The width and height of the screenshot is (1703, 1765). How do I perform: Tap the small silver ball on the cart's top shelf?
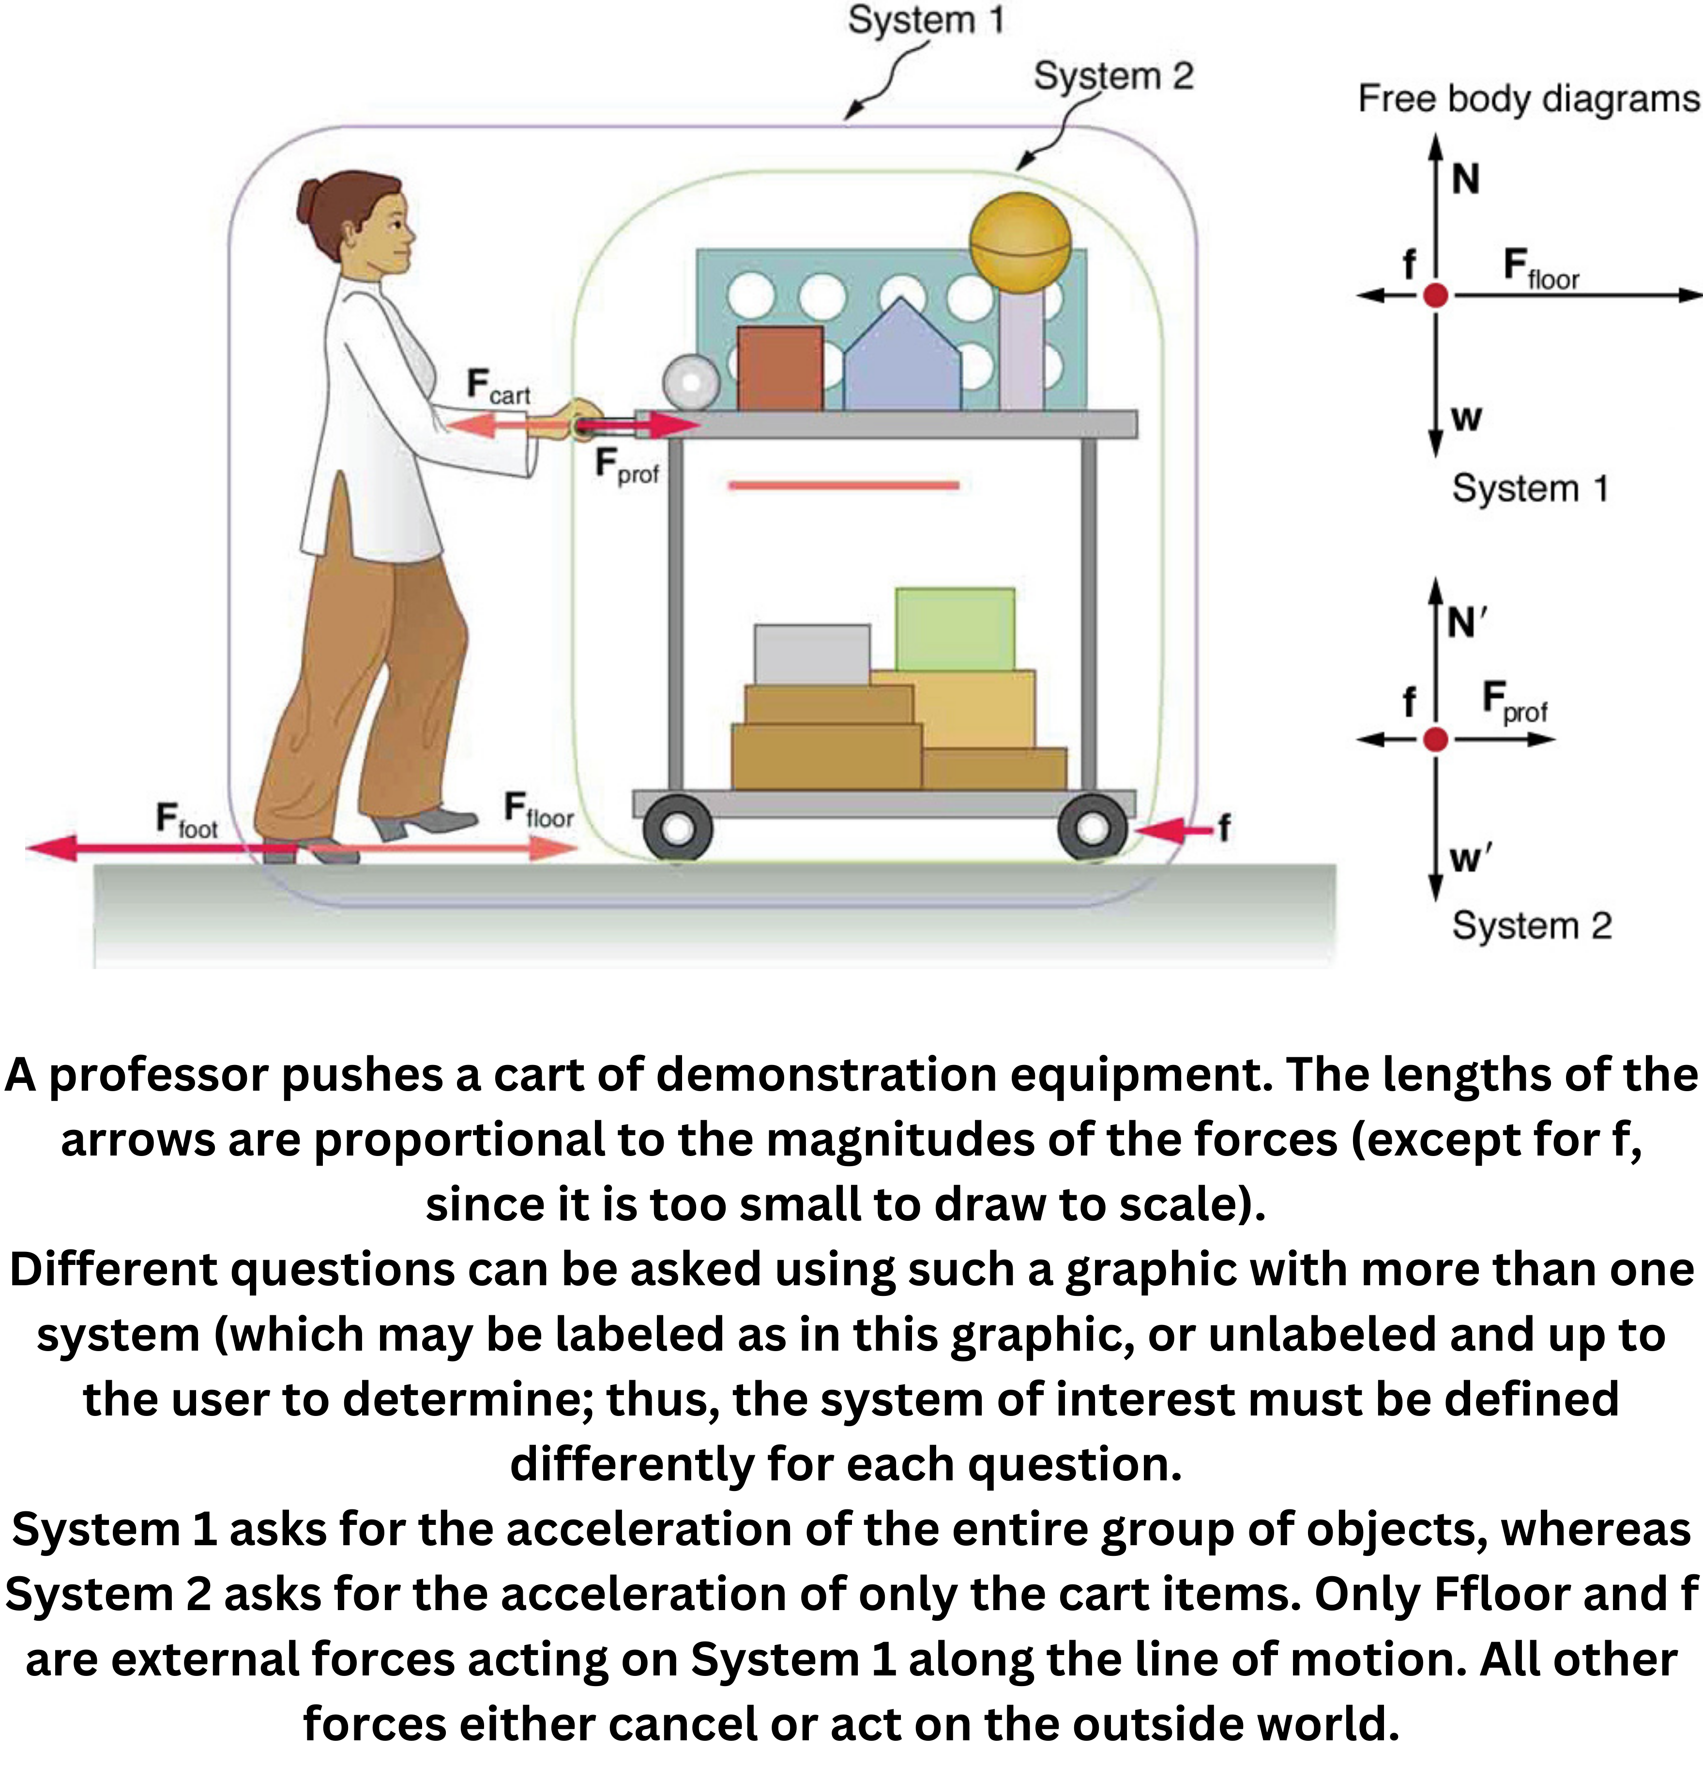pyautogui.click(x=691, y=383)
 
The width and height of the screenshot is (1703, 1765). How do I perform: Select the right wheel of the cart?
pyautogui.click(x=1092, y=827)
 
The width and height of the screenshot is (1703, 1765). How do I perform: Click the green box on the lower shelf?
pyautogui.click(x=955, y=628)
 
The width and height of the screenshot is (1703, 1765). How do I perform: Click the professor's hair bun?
pyautogui.click(x=309, y=203)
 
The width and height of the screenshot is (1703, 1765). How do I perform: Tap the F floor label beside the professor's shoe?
pyautogui.click(x=538, y=809)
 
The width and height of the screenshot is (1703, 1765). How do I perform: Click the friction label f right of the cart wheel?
pyautogui.click(x=1224, y=827)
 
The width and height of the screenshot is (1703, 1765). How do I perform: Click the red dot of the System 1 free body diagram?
pyautogui.click(x=1435, y=294)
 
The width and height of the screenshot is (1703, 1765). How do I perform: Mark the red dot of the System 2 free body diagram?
pyautogui.click(x=1435, y=739)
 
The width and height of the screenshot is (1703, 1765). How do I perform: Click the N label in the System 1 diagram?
pyautogui.click(x=1465, y=180)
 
